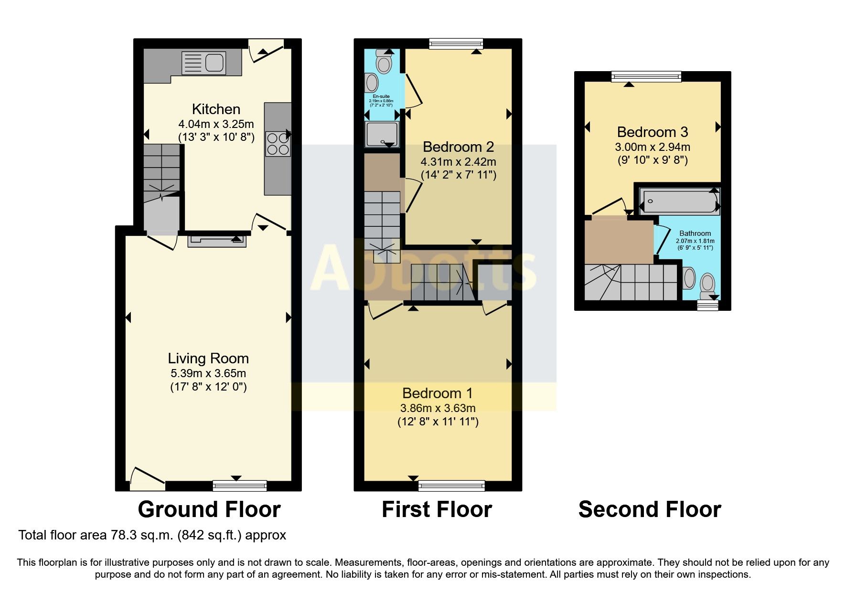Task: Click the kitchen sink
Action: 203,63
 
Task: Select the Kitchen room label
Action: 216,109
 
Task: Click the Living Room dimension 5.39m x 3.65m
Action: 208,373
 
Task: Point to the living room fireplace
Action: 217,240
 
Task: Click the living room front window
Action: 240,486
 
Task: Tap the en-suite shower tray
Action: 381,135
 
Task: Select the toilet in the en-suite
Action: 384,61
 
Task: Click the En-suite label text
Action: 381,96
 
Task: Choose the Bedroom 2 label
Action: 458,147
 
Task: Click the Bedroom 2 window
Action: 456,44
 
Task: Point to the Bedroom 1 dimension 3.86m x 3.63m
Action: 438,408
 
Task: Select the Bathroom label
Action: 695,233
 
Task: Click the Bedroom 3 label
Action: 653,132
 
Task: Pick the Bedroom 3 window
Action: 646,76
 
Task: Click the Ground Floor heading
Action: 209,509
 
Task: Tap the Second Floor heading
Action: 650,509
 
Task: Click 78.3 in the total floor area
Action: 122,535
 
